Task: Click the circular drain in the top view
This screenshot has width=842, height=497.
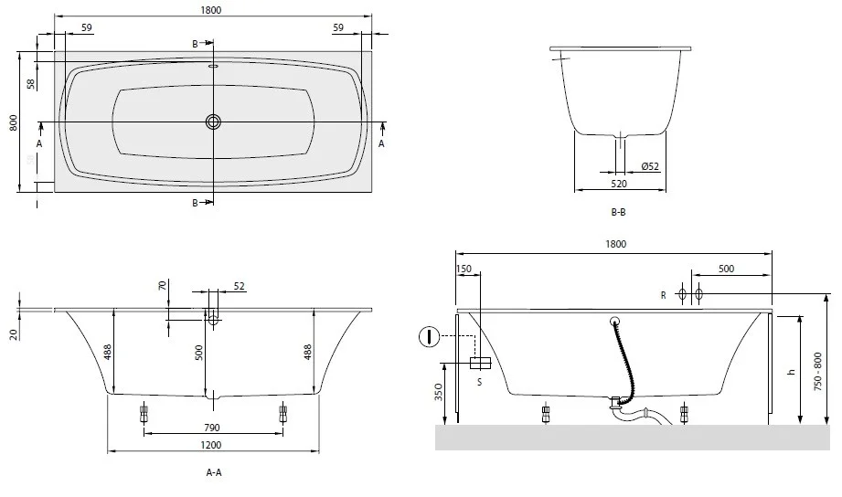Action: coord(213,122)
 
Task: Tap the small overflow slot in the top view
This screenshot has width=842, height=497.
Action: coord(213,67)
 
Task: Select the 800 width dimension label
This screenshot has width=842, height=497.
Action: coord(14,122)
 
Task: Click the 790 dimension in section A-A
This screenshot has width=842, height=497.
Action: coord(212,428)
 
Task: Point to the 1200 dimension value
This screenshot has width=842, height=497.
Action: coord(211,445)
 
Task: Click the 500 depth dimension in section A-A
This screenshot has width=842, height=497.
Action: coord(199,353)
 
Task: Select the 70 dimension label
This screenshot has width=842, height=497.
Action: coord(164,286)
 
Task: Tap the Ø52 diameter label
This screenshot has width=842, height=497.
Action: coord(650,166)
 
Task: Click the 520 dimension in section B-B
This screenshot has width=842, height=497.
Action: coord(619,184)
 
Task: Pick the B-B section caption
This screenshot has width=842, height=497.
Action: coord(619,212)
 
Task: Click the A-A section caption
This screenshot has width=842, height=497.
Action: coord(214,472)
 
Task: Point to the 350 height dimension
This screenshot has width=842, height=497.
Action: coord(439,392)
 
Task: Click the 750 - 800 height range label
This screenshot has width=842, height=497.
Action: coord(818,371)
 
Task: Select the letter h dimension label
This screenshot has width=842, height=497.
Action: coord(791,372)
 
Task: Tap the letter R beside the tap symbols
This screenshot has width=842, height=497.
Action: coord(664,295)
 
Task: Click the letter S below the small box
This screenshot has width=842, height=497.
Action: coord(480,382)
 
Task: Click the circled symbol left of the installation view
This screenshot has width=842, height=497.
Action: coord(429,337)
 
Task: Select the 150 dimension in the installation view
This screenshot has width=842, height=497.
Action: coord(464,269)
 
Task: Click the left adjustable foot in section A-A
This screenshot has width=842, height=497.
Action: coord(144,414)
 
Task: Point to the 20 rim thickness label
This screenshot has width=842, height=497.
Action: coord(14,334)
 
